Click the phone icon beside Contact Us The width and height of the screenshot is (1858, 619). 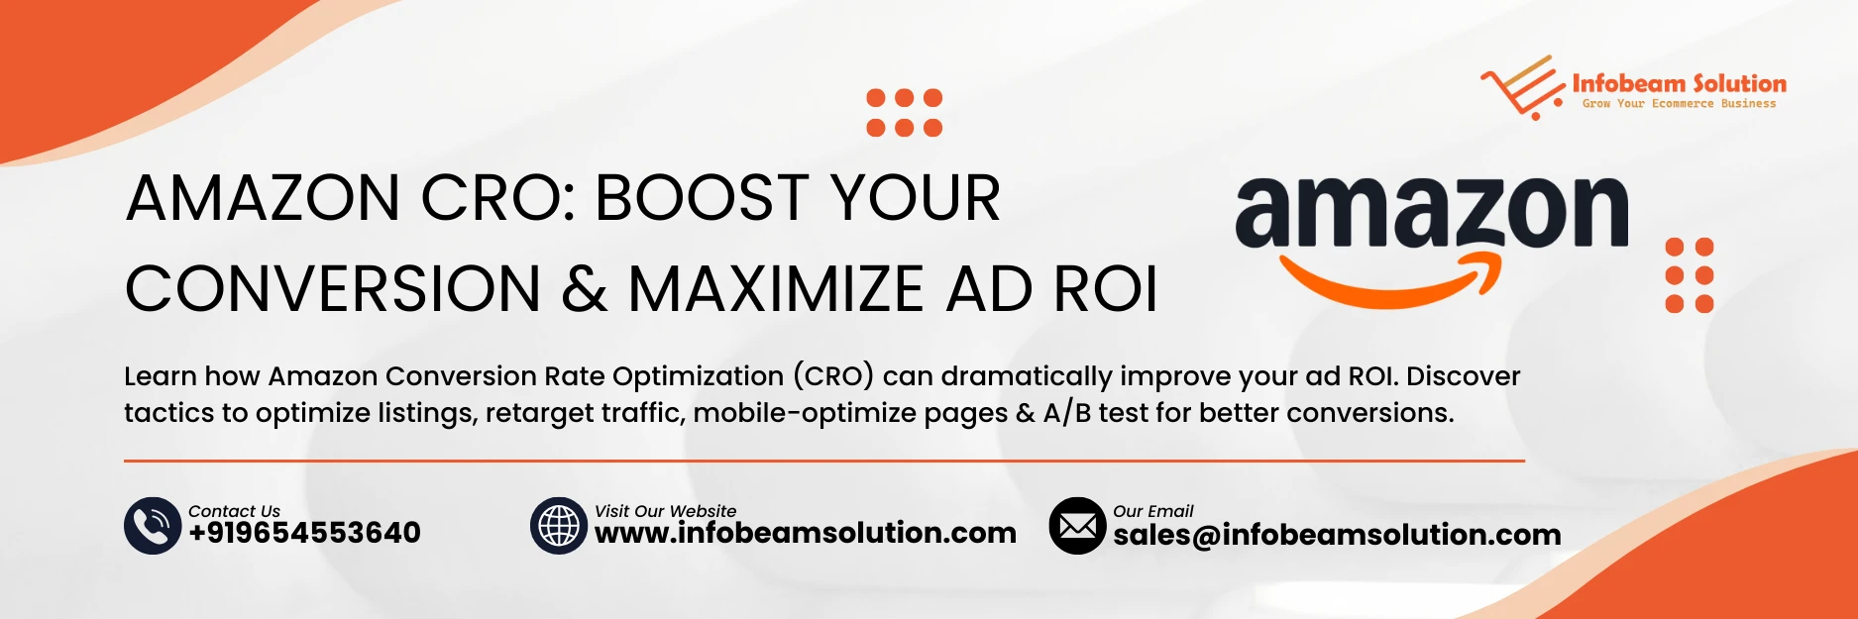pos(152,525)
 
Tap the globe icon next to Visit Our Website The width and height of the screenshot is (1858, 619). pos(559,525)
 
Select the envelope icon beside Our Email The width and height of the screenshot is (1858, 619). pos(1077,525)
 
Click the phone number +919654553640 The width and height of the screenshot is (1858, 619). pos(304,533)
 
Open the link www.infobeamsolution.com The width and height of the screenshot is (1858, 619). pos(805,533)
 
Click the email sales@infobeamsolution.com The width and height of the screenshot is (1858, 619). pos(1336,535)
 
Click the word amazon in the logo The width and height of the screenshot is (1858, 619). pos(1431,212)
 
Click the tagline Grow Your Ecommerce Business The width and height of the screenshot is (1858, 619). pos(1679,104)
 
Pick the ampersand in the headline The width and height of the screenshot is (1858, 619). pos(585,289)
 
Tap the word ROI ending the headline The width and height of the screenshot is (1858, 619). pos(1105,289)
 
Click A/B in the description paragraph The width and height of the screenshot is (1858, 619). pos(1066,413)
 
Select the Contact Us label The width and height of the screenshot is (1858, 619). pos(234,511)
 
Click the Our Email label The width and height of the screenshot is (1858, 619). pos(1152,511)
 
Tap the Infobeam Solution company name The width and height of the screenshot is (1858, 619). pos(1679,83)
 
